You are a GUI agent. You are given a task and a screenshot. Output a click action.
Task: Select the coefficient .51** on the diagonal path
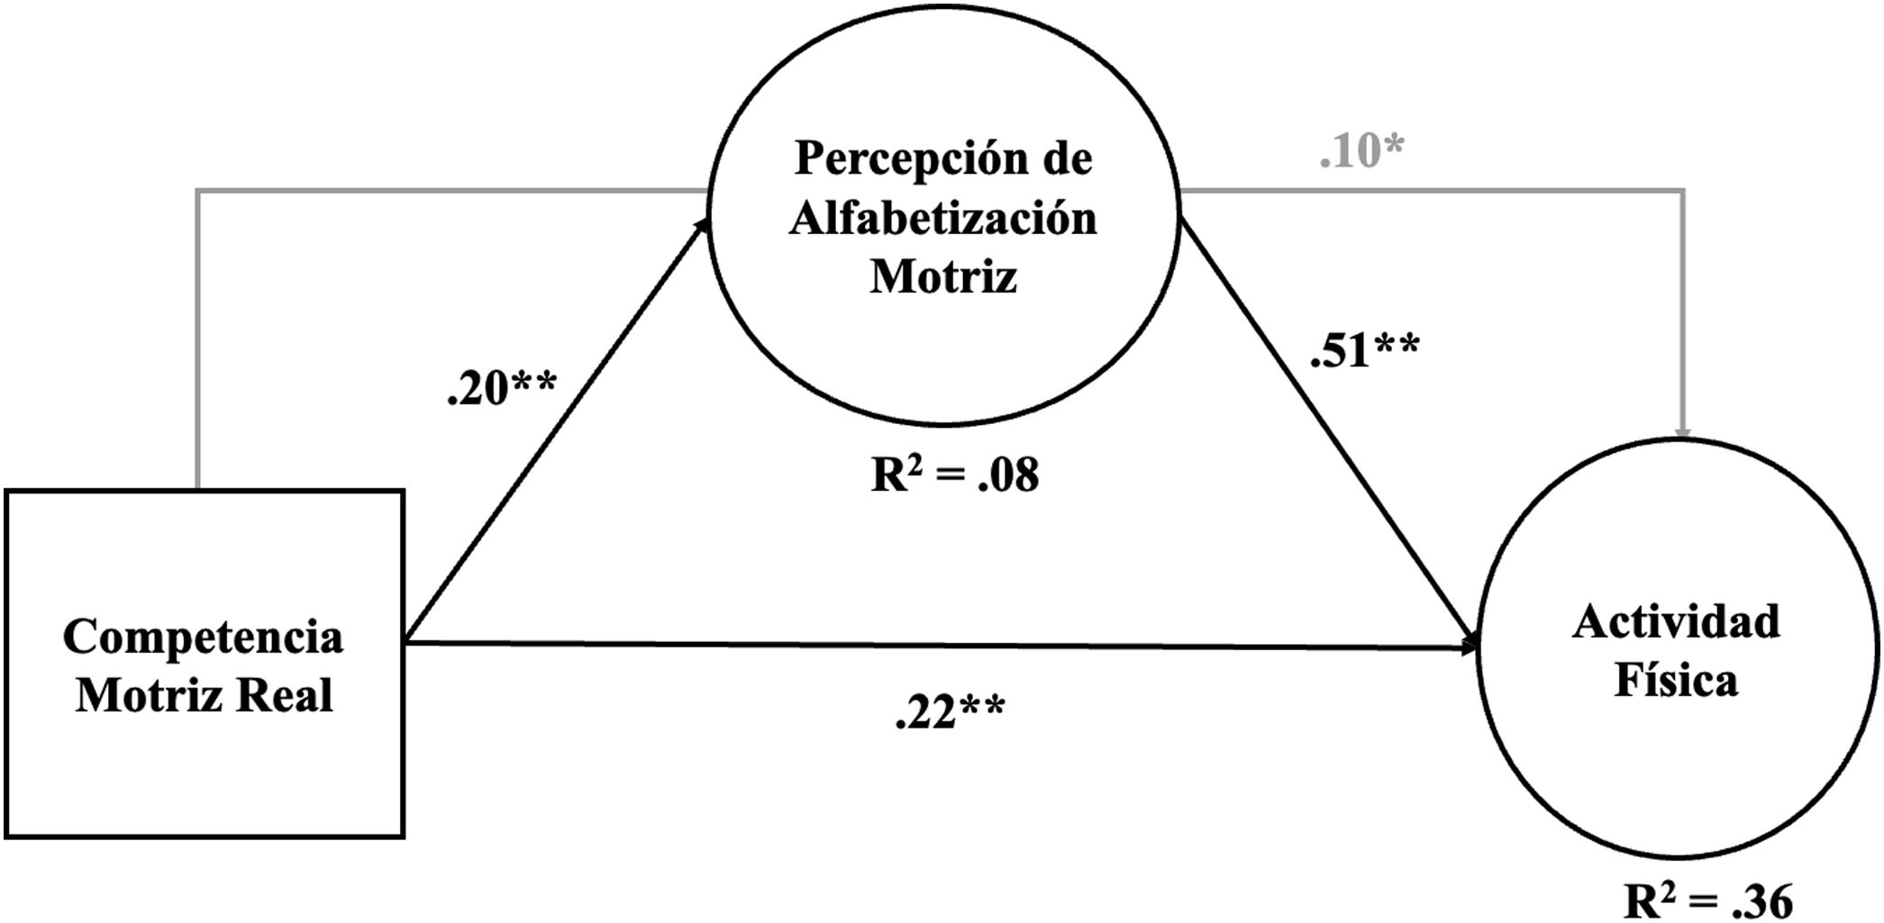[1365, 349]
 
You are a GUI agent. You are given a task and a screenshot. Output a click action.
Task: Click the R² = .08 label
[955, 475]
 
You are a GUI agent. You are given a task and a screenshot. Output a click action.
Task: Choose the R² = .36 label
[1708, 900]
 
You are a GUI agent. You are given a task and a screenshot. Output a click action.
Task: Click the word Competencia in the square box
[203, 638]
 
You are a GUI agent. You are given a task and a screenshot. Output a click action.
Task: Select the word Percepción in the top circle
[912, 159]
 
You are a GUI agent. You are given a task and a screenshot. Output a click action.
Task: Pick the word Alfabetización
[943, 219]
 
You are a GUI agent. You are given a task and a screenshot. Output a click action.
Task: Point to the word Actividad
[1676, 622]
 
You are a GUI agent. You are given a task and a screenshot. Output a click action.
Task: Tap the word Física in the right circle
[1676, 680]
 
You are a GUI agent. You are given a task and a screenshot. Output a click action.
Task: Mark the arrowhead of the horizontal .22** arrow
[1470, 646]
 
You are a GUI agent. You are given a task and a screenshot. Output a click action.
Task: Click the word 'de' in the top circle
[1068, 159]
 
